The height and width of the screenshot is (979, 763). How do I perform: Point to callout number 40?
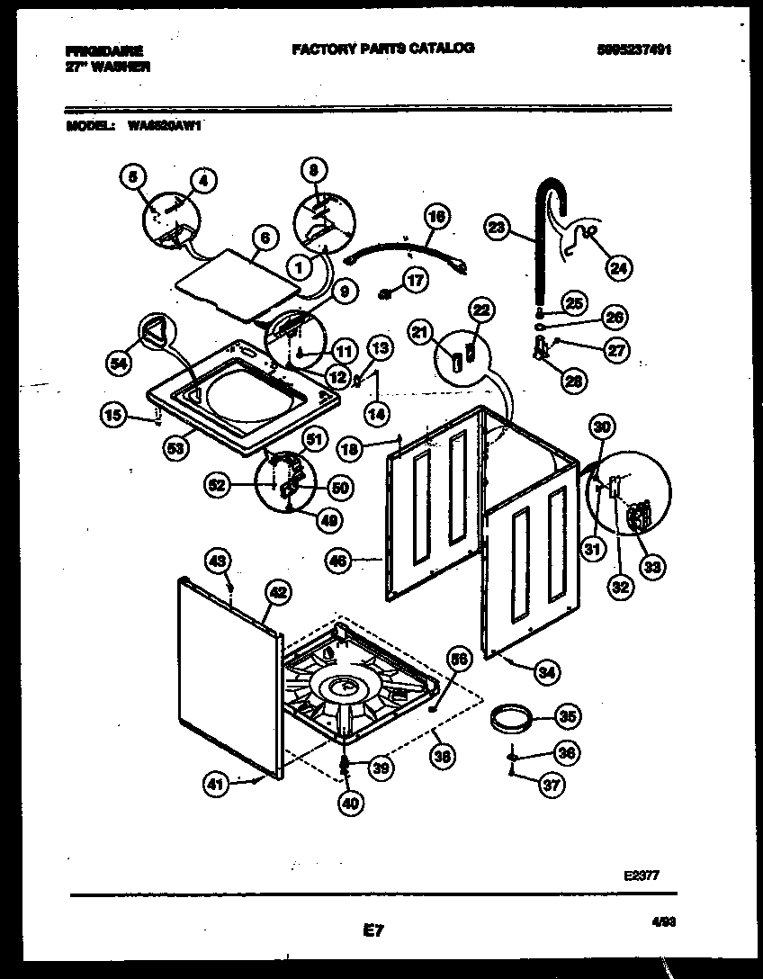(x=353, y=804)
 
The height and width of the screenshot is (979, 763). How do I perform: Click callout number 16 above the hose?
(x=435, y=217)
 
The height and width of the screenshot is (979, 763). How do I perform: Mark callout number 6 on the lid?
(x=264, y=238)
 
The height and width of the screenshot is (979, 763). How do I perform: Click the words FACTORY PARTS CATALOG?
(x=383, y=49)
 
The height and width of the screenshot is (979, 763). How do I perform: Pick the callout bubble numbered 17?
(x=416, y=281)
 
